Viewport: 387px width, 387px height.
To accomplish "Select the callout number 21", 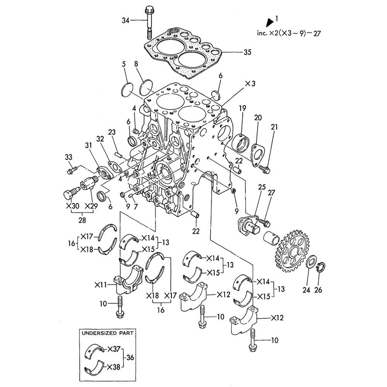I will coord(274,127).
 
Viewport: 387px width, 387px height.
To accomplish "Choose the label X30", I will coord(72,206).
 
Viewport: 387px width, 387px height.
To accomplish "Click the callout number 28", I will coord(82,220).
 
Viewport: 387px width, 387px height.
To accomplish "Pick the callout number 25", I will coord(262,187).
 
